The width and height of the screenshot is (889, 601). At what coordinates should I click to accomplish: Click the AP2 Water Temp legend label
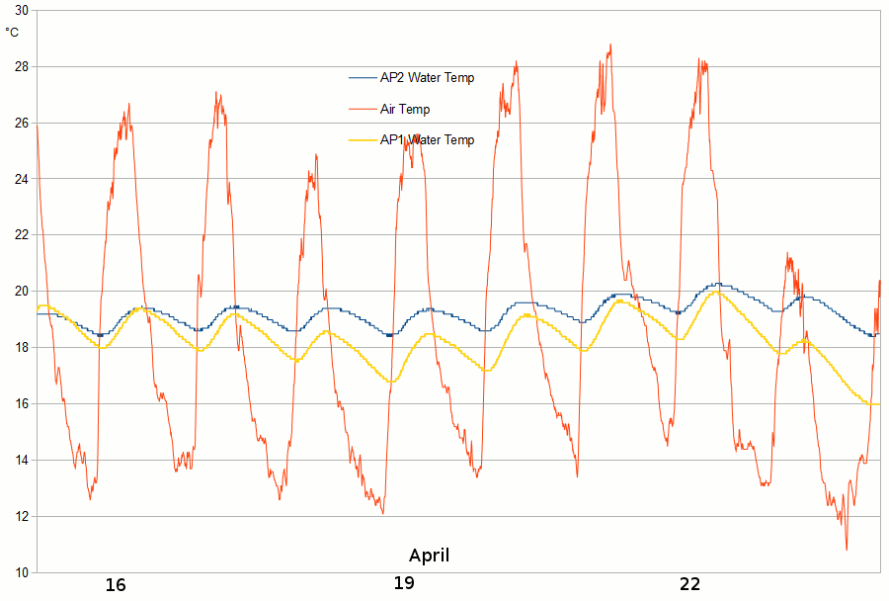tap(427, 78)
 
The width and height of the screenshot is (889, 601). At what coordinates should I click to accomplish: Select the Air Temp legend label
tap(405, 109)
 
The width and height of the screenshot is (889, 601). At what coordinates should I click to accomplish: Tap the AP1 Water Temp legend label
tap(427, 140)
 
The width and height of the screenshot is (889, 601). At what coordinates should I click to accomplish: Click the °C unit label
tap(12, 32)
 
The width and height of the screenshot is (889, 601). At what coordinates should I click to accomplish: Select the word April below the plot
tap(429, 555)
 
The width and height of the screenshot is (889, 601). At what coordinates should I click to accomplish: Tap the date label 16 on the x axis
tap(116, 585)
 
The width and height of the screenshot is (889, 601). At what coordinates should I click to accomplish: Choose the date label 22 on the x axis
tap(689, 584)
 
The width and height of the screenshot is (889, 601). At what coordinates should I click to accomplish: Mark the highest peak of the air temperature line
tap(610, 44)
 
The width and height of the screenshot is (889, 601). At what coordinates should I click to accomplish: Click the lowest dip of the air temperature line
tap(847, 549)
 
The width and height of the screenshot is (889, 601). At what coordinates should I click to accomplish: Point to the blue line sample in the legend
tap(363, 78)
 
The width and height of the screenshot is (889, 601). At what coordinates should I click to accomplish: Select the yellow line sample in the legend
tap(363, 141)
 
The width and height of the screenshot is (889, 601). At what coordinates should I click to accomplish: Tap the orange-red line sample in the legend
tap(363, 110)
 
